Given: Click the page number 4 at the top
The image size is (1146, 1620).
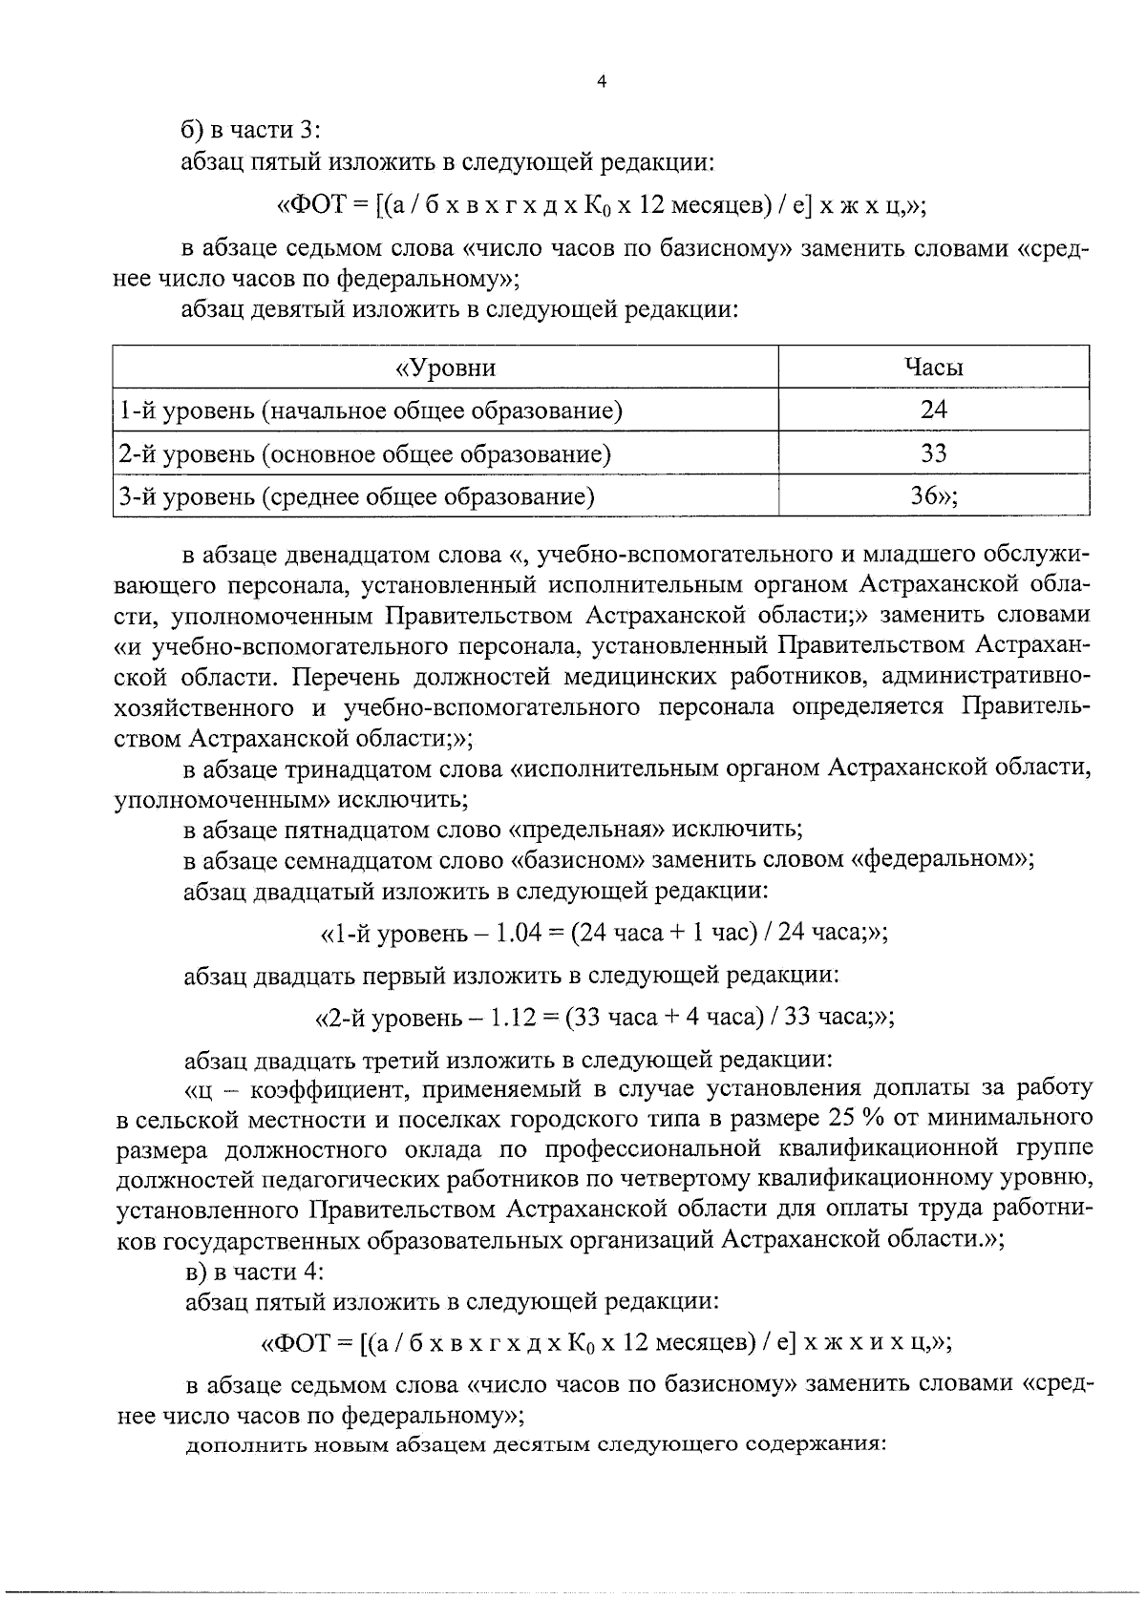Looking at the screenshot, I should coord(601,83).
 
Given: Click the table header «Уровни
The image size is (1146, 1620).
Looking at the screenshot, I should coord(445,368).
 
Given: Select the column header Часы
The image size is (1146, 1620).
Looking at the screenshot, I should coord(933,368).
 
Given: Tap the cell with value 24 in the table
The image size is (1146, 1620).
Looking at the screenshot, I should coord(933,410).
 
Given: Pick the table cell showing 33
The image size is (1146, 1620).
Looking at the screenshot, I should coord(933,453).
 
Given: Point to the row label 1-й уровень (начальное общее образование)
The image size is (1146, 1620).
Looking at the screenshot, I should coord(371,410).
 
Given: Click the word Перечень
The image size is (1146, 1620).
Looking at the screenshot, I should coord(346,677).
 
